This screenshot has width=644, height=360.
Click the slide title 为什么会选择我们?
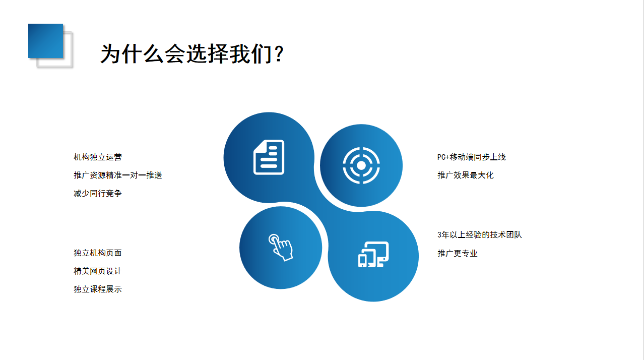pyautogui.click(x=192, y=54)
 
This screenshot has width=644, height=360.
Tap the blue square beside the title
pyautogui.click(x=45, y=41)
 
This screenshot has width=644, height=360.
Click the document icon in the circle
pyautogui.click(x=269, y=157)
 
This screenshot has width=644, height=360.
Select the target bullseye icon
pyautogui.click(x=361, y=165)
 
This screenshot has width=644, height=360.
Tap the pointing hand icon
pyautogui.click(x=281, y=248)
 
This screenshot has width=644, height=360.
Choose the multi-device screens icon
pyautogui.click(x=373, y=255)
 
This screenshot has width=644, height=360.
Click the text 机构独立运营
pyautogui.click(x=98, y=157)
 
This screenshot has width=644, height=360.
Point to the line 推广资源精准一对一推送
pyautogui.click(x=118, y=175)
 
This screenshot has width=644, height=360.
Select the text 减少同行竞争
pyautogui.click(x=98, y=194)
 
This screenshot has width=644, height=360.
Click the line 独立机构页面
pyautogui.click(x=98, y=253)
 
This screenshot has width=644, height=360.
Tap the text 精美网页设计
pyautogui.click(x=98, y=271)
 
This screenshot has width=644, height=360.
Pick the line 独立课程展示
pyautogui.click(x=98, y=289)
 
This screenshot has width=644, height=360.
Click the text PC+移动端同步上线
pyautogui.click(x=472, y=157)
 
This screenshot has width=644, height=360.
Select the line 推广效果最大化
pyautogui.click(x=466, y=175)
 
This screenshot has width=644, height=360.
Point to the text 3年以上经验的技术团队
pyautogui.click(x=480, y=235)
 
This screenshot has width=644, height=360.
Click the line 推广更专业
pyautogui.click(x=458, y=253)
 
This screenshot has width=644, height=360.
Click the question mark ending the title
pyautogui.click(x=279, y=54)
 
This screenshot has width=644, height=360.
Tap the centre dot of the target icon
pyautogui.click(x=361, y=165)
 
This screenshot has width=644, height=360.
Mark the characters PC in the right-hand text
pyautogui.click(x=441, y=157)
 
